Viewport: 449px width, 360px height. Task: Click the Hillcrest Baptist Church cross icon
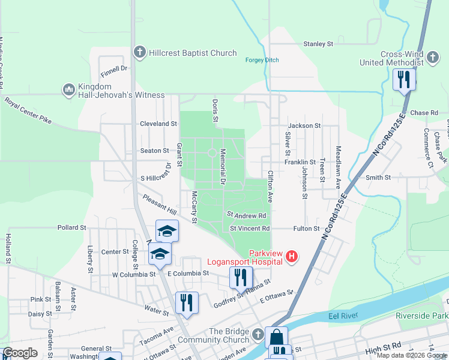click(x=140, y=53)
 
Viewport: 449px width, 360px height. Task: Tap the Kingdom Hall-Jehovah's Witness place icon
click(x=68, y=90)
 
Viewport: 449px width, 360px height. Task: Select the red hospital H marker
click(x=292, y=257)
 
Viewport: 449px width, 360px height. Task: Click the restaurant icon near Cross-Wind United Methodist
click(x=403, y=80)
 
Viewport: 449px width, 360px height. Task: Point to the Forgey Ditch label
click(x=262, y=59)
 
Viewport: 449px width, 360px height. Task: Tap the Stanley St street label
click(x=318, y=44)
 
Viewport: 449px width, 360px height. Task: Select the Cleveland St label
click(x=158, y=124)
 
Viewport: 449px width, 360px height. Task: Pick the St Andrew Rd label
click(x=246, y=215)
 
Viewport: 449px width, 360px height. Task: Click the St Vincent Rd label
click(x=250, y=229)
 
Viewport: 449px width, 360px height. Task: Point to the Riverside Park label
click(x=422, y=315)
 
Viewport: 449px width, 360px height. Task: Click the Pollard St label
click(x=72, y=228)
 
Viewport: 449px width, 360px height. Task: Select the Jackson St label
click(x=304, y=126)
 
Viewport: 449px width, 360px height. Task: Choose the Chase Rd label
click(x=424, y=113)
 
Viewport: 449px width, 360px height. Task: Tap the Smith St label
click(x=378, y=178)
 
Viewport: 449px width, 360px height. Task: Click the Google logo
click(x=20, y=353)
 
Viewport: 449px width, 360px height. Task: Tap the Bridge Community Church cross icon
click(x=258, y=334)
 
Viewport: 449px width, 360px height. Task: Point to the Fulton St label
click(x=306, y=229)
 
